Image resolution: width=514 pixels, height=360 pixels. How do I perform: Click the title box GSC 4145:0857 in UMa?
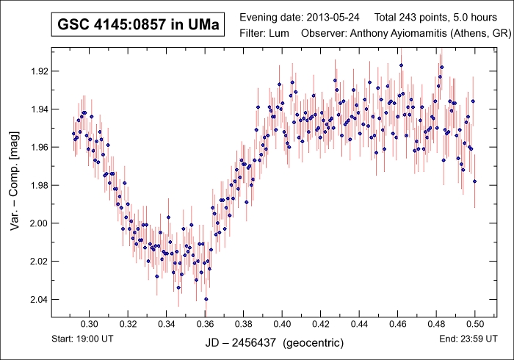138,26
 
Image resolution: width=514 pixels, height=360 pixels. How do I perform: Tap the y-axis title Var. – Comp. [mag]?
15,183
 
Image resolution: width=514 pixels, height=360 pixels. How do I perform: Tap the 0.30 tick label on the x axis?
89,324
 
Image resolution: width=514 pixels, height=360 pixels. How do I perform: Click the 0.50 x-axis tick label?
475,324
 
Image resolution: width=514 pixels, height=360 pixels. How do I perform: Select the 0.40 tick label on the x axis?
282,324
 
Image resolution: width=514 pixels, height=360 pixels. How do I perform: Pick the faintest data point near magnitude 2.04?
206,299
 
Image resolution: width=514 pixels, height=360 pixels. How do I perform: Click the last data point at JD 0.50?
475,181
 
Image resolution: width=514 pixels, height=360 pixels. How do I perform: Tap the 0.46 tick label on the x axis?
398,324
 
